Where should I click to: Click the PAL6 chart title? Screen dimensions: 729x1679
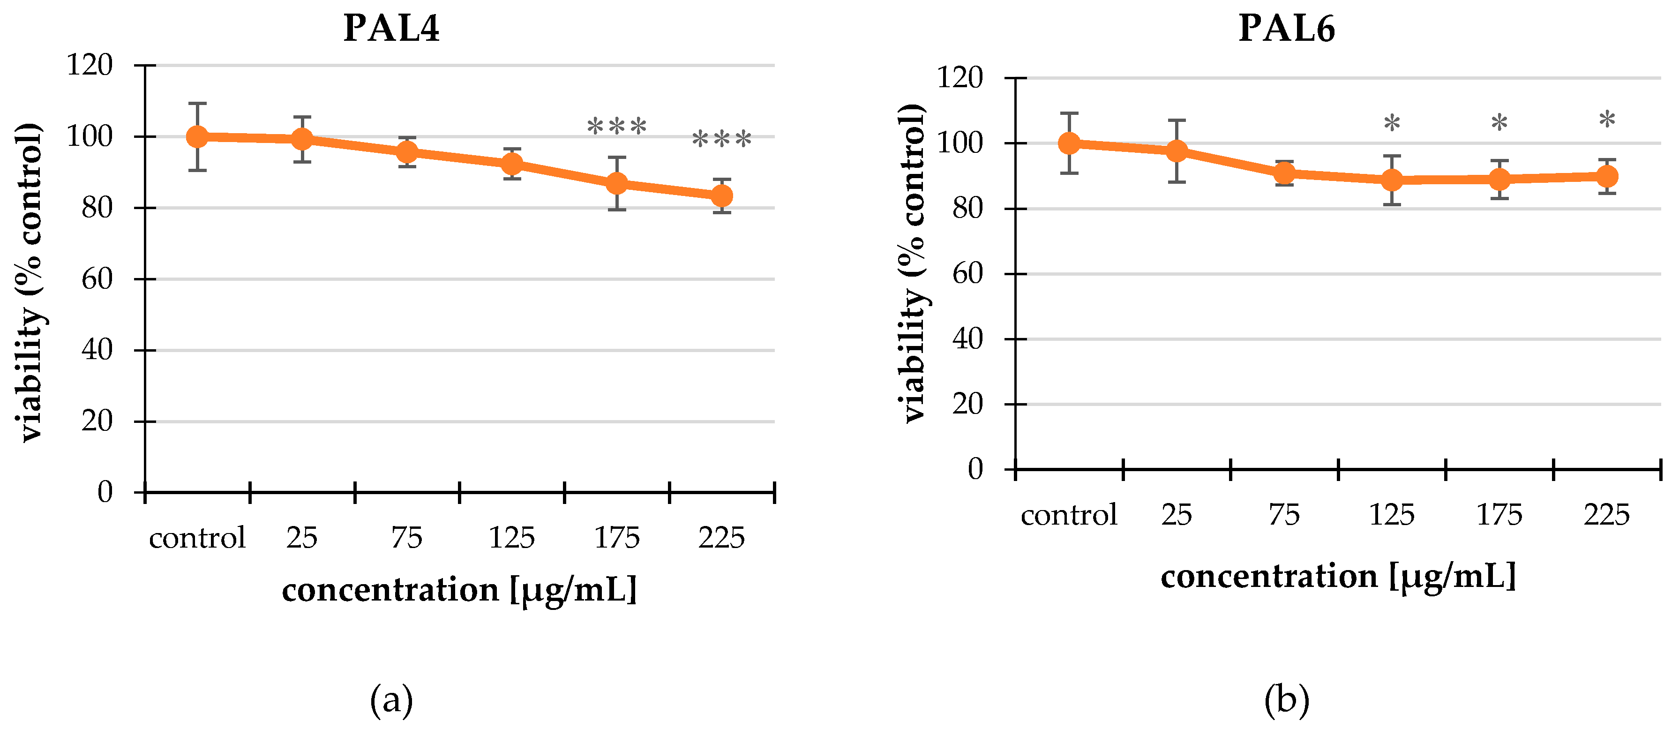click(1286, 29)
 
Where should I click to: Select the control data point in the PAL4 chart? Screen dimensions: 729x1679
click(197, 137)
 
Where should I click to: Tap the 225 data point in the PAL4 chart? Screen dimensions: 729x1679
click(721, 195)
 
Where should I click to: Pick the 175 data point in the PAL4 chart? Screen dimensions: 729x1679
click(616, 183)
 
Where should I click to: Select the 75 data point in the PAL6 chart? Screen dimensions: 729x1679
click(1284, 173)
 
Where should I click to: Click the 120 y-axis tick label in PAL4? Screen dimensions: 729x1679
click(90, 65)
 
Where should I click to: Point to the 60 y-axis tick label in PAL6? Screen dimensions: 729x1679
click(967, 274)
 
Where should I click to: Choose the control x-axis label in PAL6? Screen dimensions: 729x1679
click(1069, 515)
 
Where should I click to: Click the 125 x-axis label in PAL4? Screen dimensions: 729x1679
click(512, 538)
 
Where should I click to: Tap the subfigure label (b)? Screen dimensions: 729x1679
click(1286, 701)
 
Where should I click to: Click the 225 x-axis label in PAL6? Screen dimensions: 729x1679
click(1607, 515)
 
